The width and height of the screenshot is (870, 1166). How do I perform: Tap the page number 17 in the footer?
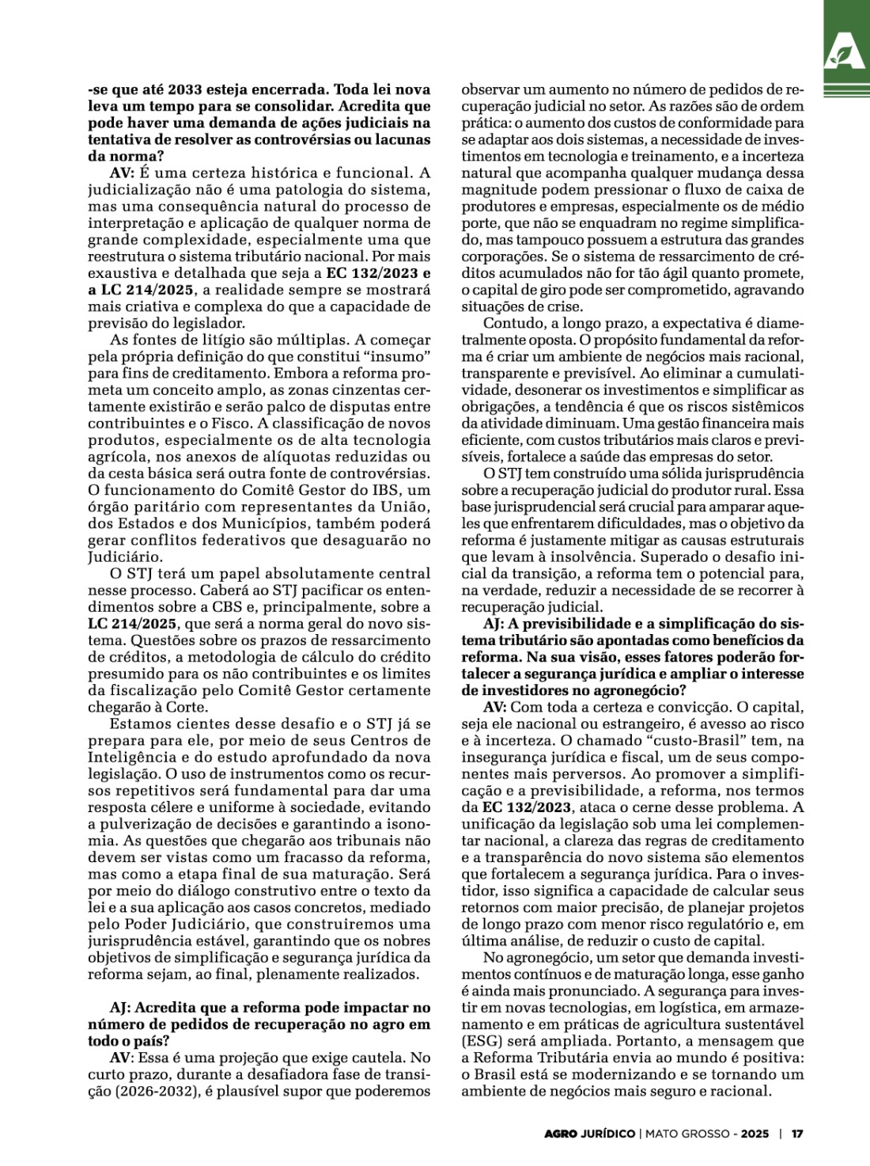[x=797, y=1134]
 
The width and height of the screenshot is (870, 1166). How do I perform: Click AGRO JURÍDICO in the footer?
[x=589, y=1134]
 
